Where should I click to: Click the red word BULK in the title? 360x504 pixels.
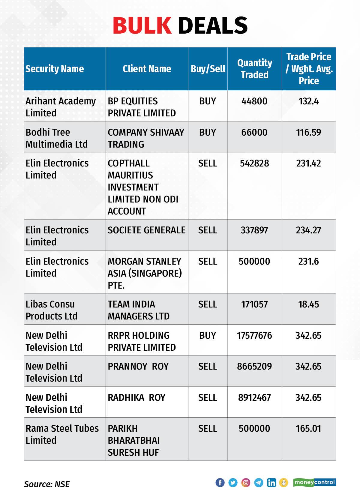point(142,25)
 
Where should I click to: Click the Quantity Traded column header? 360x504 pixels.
point(254,69)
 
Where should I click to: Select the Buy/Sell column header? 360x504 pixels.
point(208,69)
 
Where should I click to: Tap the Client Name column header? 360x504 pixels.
point(147,69)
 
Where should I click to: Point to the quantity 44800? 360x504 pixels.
point(254,101)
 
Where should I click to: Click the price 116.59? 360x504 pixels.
point(308,132)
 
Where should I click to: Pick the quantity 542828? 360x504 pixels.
point(254,163)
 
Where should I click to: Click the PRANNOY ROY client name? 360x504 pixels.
point(138,366)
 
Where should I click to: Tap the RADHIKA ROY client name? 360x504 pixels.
point(136,397)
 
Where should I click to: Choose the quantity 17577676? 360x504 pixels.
point(254,335)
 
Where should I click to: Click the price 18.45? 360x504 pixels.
point(308,304)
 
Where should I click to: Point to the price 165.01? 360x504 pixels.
point(308,428)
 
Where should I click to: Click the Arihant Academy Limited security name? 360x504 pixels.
point(61,107)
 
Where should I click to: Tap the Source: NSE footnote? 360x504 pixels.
point(47,484)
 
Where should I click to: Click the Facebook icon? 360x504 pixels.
point(220,482)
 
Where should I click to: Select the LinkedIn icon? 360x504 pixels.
point(271,482)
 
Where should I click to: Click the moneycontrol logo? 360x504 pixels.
point(314,482)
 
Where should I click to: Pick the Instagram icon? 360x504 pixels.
point(246,482)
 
